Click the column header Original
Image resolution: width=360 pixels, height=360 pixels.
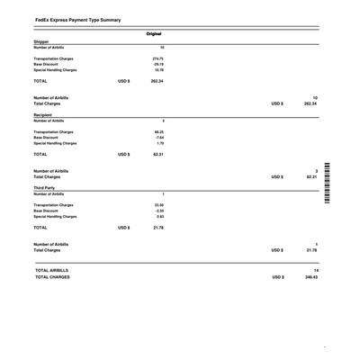point(154,33)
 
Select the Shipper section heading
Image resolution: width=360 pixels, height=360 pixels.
point(42,41)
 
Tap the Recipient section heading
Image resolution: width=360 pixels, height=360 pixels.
point(44,115)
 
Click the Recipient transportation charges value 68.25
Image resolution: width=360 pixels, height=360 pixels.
point(158,132)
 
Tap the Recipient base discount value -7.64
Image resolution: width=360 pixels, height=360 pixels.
point(158,138)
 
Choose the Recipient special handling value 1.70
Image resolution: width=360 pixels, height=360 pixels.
point(159,143)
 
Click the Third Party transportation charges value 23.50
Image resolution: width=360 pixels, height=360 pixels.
point(158,206)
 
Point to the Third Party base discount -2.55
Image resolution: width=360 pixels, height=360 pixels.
point(158,211)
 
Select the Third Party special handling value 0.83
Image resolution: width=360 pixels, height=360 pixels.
point(159,217)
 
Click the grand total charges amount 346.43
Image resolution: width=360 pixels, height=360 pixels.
point(310,276)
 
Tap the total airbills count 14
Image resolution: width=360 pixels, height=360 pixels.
point(315,270)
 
